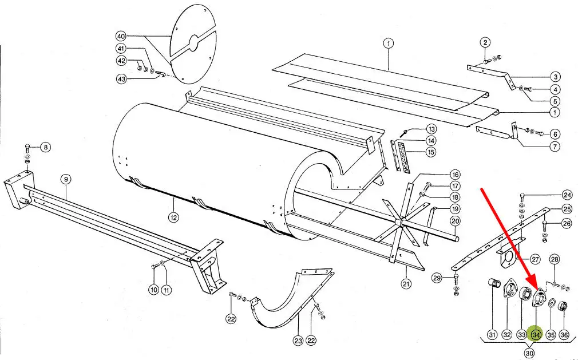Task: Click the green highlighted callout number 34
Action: (536, 335)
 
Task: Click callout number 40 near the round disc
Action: (121, 36)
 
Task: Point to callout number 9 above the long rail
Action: (66, 180)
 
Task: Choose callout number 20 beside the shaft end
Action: (456, 221)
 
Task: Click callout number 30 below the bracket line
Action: (529, 353)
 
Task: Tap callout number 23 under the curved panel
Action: (298, 341)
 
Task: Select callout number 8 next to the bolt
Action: (45, 148)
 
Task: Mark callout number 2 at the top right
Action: (485, 42)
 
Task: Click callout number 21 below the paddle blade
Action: (406, 284)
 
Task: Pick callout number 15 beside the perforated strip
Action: (430, 152)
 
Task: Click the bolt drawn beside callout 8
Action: (27, 148)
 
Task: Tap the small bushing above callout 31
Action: (494, 284)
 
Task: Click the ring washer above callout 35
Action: (552, 303)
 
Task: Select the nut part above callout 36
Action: (564, 306)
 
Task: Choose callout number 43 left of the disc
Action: (121, 79)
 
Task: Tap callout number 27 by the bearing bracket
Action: (535, 259)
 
